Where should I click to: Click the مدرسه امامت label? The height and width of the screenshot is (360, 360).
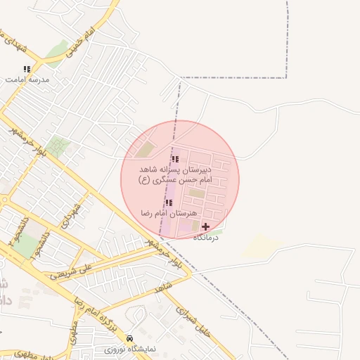(27, 80)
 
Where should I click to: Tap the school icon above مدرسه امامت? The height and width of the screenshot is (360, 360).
(27, 70)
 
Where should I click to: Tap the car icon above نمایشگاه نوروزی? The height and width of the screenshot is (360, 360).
(129, 339)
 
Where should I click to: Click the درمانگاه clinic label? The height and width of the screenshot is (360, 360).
(207, 237)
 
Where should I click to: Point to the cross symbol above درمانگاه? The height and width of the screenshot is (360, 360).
(205, 226)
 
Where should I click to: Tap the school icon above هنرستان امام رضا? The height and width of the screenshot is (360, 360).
(168, 202)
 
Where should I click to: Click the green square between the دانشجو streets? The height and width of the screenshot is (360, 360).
(25, 247)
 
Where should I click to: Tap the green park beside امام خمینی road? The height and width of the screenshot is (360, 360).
(56, 52)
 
